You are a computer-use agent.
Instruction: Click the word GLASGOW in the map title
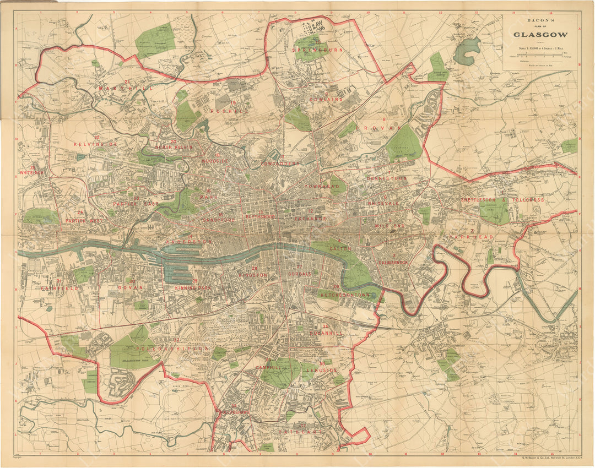(x=540, y=34)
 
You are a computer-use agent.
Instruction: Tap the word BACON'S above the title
(x=540, y=21)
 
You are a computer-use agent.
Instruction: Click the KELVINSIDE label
(x=97, y=144)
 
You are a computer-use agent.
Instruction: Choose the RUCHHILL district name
(x=230, y=111)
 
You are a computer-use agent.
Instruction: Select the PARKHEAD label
(x=467, y=237)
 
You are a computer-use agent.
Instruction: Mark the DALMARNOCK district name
(x=394, y=263)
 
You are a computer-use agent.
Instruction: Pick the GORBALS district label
(x=300, y=274)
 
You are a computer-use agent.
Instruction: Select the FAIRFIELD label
(x=58, y=288)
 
